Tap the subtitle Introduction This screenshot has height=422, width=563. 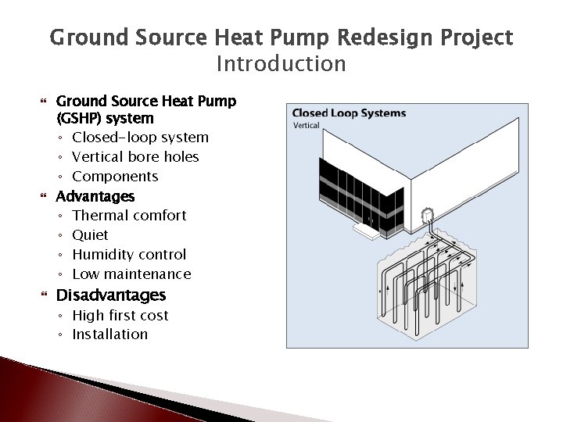click(x=281, y=63)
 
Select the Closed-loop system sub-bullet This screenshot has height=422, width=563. click(x=140, y=138)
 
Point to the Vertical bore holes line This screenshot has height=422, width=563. click(x=135, y=157)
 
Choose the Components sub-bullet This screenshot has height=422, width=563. click(x=115, y=177)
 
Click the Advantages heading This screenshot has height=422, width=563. click(x=95, y=196)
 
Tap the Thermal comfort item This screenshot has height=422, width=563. click(x=129, y=215)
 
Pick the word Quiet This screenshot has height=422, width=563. click(x=90, y=234)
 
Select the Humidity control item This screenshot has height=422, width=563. click(x=129, y=254)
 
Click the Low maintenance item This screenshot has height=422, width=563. click(x=131, y=274)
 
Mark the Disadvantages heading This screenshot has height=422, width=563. click(x=111, y=295)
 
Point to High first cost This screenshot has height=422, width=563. click(x=120, y=315)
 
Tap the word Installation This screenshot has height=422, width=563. click(x=109, y=334)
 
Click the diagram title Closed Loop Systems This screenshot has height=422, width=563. click(x=349, y=113)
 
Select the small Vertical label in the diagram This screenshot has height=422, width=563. click(x=306, y=125)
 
